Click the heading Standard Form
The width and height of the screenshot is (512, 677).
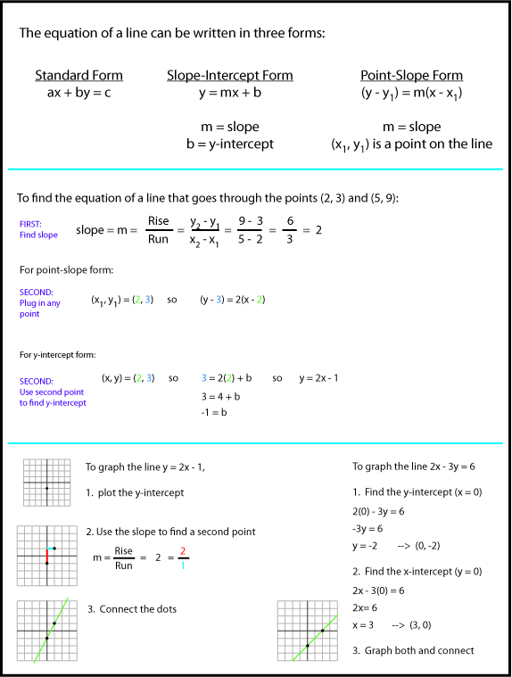point(78,76)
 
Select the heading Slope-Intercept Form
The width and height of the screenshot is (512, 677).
point(229,76)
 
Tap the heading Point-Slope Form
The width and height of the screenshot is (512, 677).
point(411,76)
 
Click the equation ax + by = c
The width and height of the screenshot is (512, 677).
point(78,92)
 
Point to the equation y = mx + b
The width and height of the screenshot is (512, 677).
point(229,92)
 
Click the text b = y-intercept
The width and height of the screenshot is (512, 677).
point(230,144)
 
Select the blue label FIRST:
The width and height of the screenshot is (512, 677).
point(31,224)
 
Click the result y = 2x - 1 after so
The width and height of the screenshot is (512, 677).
point(318,378)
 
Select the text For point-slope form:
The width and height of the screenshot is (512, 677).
point(66,268)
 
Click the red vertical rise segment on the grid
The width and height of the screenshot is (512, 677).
point(46,556)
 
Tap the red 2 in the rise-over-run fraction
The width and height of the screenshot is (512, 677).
point(182,551)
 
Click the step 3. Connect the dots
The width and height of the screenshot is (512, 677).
point(131,609)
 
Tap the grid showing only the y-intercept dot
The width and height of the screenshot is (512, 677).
point(46,483)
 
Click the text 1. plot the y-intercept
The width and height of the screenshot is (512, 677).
point(135,492)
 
